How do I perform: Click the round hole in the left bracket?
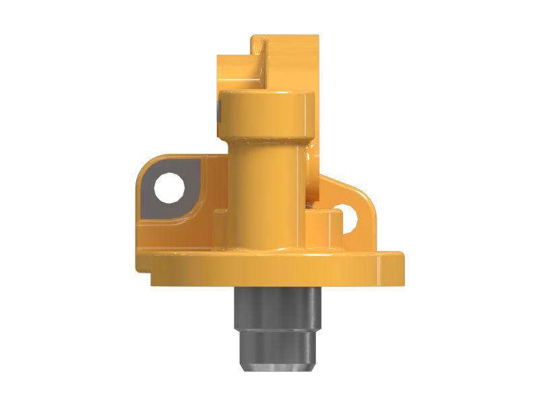168,188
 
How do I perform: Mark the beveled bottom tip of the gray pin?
276,367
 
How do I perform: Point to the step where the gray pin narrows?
276,329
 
